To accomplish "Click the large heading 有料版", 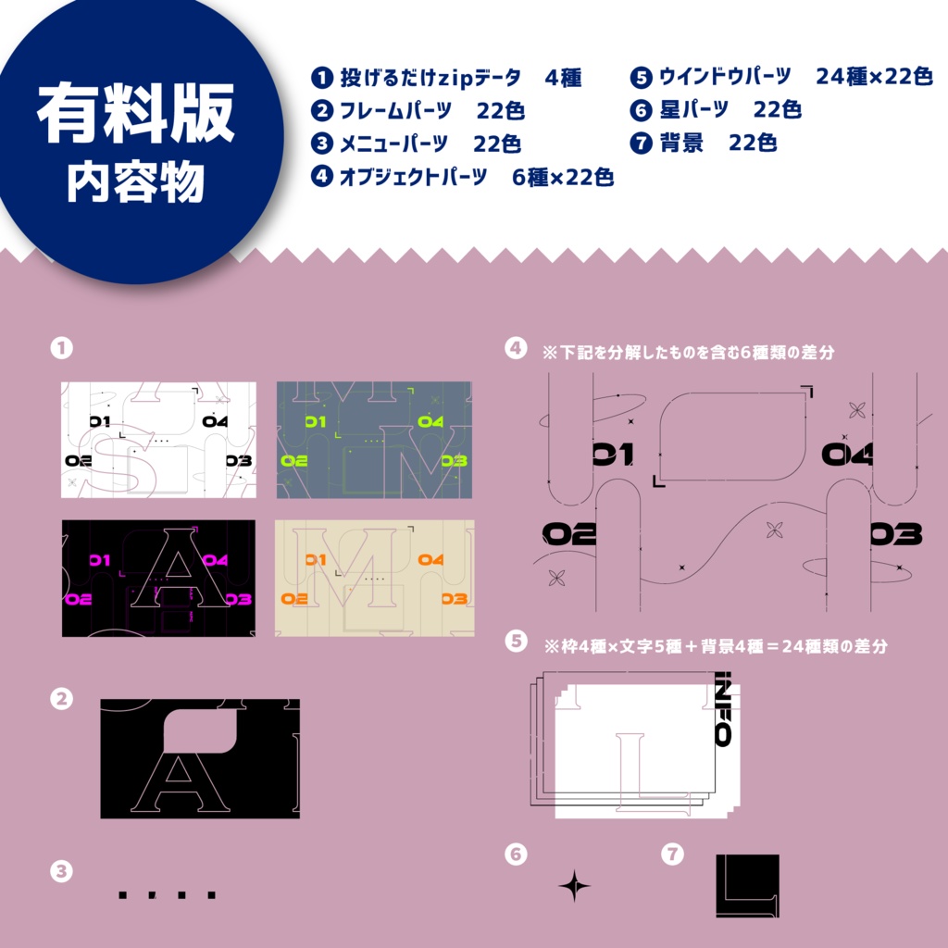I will point(135,116).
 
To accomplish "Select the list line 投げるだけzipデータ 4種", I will point(446,78).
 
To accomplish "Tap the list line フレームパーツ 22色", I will point(418,111).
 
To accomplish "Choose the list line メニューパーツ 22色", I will point(417,144).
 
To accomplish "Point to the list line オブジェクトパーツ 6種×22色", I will point(463,178).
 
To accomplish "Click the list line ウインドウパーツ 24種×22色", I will point(781,77).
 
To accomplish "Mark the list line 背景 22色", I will point(704,143).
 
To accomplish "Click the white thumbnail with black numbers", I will point(158,440).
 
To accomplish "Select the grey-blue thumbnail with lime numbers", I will point(374,440).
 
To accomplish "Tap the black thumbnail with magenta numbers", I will point(158,578).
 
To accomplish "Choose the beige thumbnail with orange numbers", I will point(374,578).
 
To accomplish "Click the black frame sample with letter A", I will point(200,758).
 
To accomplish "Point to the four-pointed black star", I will point(574,886).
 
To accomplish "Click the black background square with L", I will point(747,886).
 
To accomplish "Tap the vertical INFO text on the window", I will point(723,708).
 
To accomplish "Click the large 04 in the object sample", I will point(846,454).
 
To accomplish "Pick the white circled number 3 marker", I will point(61,870).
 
